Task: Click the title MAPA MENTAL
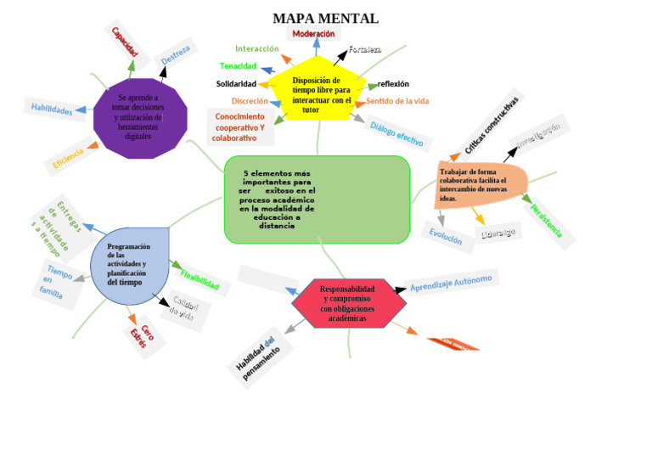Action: point(325,18)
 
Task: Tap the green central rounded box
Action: point(317,199)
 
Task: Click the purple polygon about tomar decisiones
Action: point(139,118)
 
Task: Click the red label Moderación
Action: point(313,34)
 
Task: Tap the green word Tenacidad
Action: point(238,66)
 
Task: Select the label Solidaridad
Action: point(236,84)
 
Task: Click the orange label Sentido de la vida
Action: point(397,101)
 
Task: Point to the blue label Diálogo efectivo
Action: point(396,133)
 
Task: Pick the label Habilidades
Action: point(52,109)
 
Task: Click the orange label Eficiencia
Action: point(68,158)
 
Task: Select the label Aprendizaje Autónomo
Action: point(451,283)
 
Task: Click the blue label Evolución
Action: point(446,236)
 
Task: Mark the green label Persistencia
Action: point(546,217)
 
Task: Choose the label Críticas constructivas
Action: point(492,125)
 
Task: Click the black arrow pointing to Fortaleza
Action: point(340,58)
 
